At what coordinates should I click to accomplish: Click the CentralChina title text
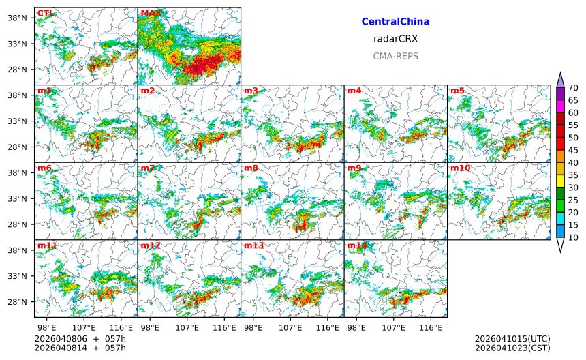point(395,22)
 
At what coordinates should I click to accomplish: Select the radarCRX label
point(395,39)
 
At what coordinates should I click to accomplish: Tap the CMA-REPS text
point(395,56)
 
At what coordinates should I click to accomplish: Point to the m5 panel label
point(457,91)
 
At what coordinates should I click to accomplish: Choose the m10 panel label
point(460,168)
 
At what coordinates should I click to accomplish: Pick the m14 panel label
point(356,245)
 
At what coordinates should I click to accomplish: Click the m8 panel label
point(251,168)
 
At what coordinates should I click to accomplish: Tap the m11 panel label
point(47,245)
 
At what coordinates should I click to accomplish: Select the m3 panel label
point(251,91)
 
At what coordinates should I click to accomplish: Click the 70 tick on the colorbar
point(573,87)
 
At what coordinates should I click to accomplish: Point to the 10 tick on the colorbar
point(573,237)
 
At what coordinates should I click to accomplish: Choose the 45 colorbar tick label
point(573,150)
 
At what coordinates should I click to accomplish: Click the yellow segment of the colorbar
point(560,181)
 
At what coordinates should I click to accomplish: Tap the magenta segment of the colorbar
point(560,106)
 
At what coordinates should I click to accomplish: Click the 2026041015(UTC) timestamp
point(512,339)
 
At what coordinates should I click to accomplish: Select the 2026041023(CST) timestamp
point(512,348)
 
